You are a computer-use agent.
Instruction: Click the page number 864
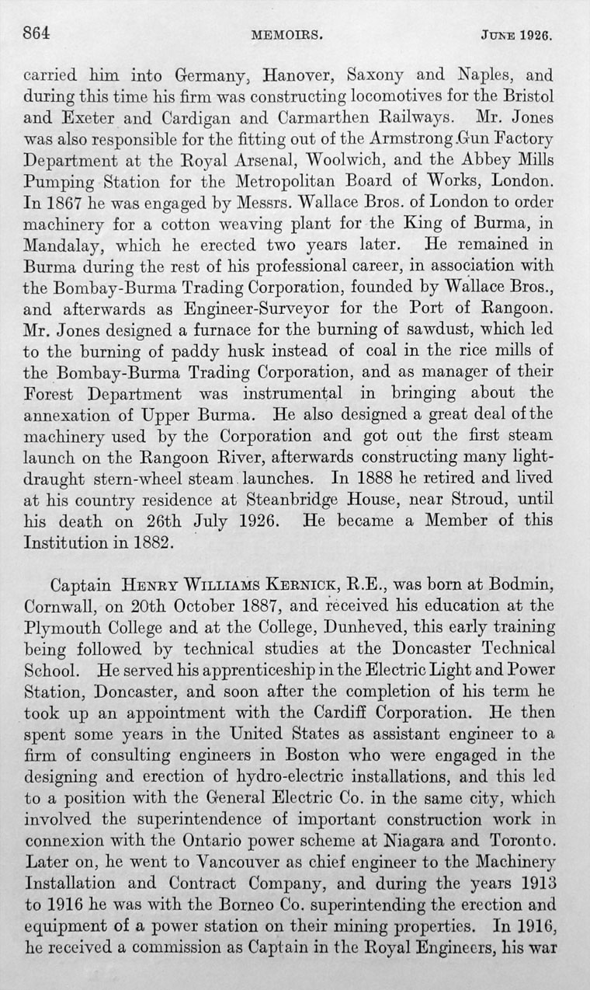click(x=36, y=33)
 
